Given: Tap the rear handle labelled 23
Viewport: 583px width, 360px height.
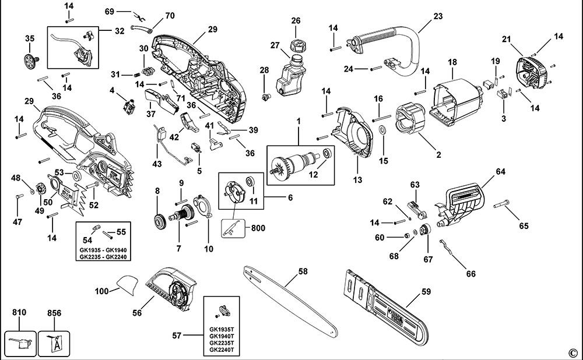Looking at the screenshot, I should (408, 41).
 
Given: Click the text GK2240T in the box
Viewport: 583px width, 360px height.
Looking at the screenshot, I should (221, 350).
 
